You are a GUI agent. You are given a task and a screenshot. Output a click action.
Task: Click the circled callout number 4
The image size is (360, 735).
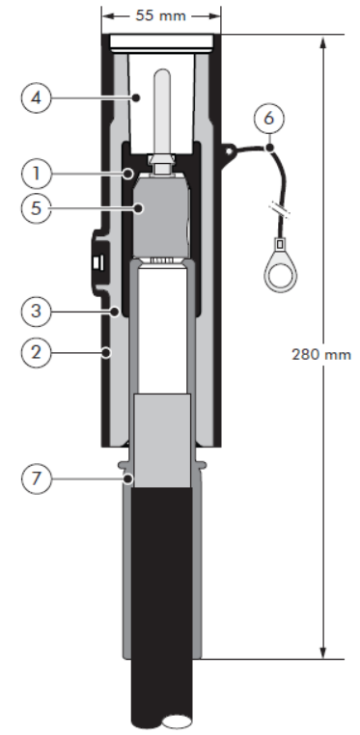click(37, 98)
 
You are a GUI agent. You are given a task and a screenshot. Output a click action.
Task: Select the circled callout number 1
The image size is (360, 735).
click(37, 174)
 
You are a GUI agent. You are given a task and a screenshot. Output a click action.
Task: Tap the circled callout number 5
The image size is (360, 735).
click(37, 208)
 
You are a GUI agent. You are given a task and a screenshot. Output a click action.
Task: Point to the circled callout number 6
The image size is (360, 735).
click(268, 118)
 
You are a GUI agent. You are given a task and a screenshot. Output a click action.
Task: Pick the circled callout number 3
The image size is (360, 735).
click(37, 312)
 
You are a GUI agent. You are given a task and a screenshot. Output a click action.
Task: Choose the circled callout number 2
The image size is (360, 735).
click(37, 352)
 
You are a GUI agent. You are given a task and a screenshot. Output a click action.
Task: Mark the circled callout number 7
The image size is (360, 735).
click(37, 478)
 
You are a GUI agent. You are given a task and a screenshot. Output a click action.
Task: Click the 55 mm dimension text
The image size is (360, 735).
click(161, 15)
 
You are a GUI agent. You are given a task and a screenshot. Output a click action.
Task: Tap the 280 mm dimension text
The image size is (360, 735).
click(321, 354)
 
